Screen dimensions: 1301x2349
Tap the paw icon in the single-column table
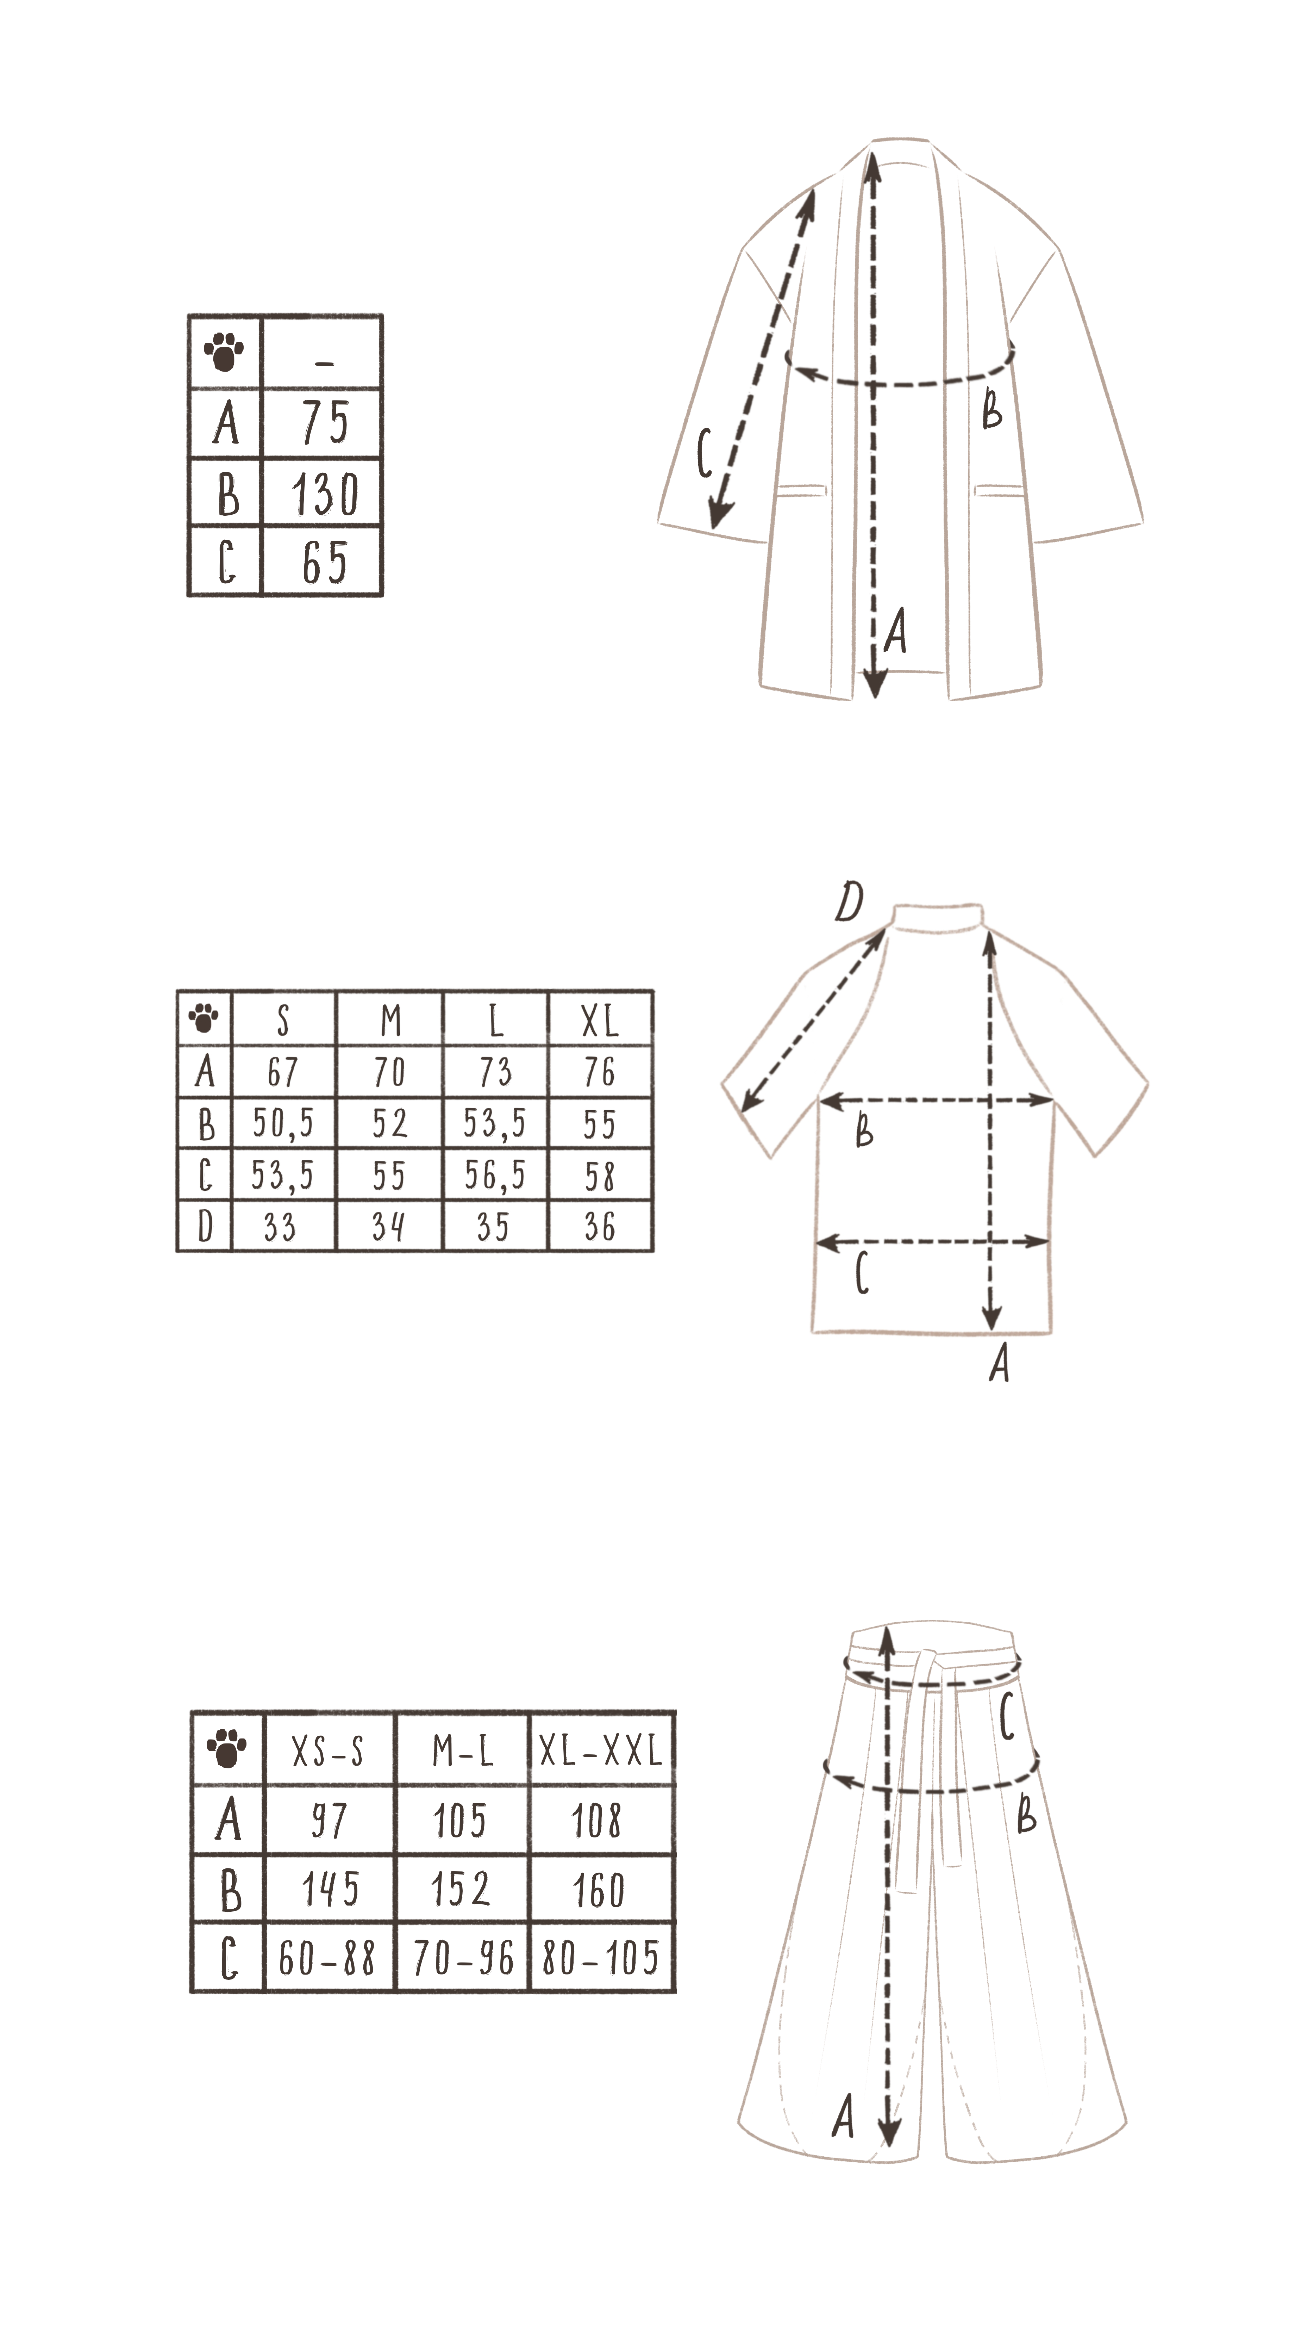click(224, 352)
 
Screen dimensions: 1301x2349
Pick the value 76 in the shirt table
click(600, 1071)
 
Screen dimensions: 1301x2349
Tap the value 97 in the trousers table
click(328, 1821)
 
